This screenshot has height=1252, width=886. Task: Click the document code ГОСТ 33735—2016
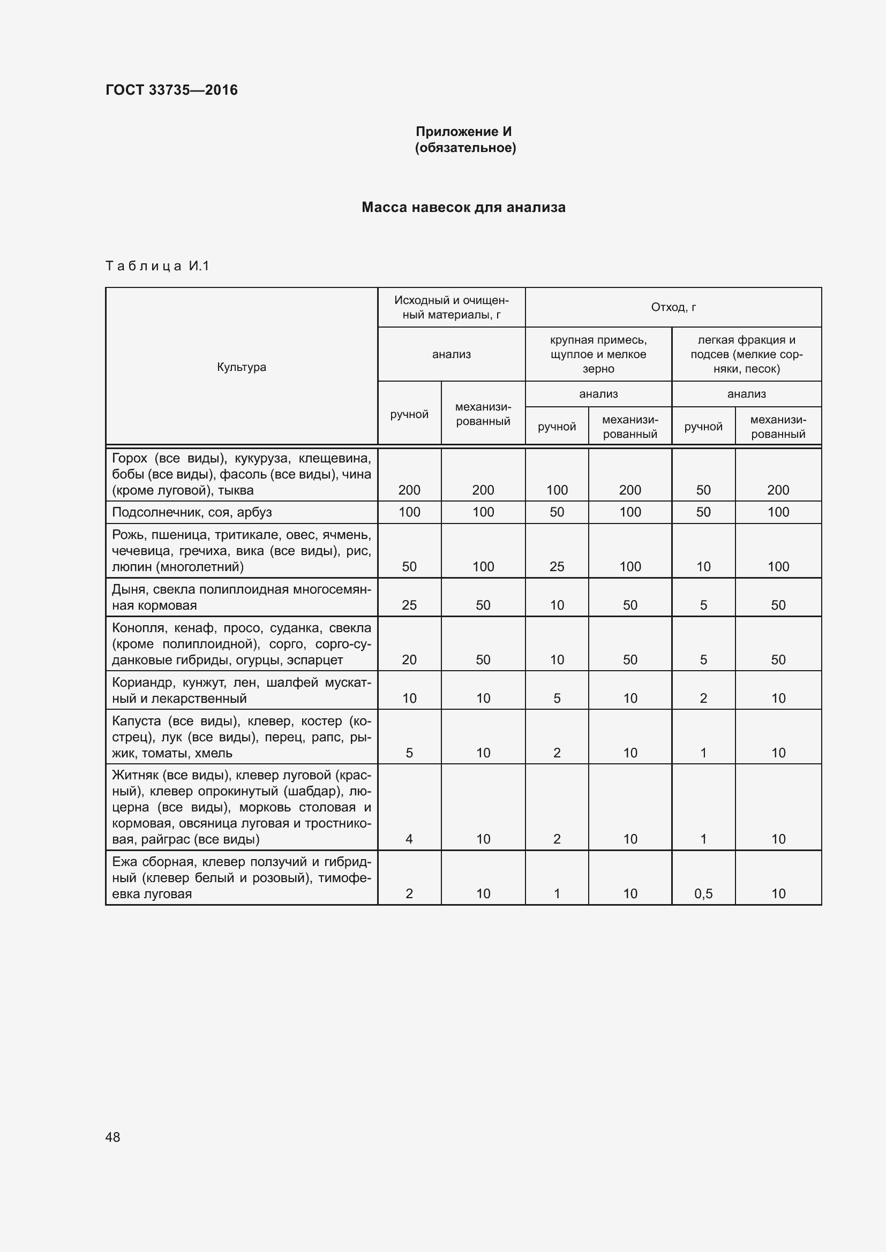(x=171, y=90)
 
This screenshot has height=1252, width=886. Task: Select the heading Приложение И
(x=464, y=132)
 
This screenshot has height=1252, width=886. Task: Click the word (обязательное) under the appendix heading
(x=465, y=148)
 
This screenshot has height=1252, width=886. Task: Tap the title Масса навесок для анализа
(x=463, y=207)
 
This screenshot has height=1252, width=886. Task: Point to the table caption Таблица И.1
(x=157, y=266)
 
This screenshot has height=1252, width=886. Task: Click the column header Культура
(x=241, y=367)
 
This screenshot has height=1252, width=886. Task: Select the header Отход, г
(x=673, y=308)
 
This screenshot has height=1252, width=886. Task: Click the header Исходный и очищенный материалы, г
(x=451, y=308)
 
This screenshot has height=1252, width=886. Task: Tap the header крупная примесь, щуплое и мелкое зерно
(x=598, y=354)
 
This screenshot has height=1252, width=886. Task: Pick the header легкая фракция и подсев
(x=746, y=354)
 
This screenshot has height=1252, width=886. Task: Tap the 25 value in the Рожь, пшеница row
(x=557, y=567)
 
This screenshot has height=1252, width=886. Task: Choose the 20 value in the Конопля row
(x=409, y=660)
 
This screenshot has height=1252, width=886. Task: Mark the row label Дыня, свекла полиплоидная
(x=241, y=597)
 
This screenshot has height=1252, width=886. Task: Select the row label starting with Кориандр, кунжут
(x=241, y=691)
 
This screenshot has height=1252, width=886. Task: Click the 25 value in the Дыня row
(x=409, y=605)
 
